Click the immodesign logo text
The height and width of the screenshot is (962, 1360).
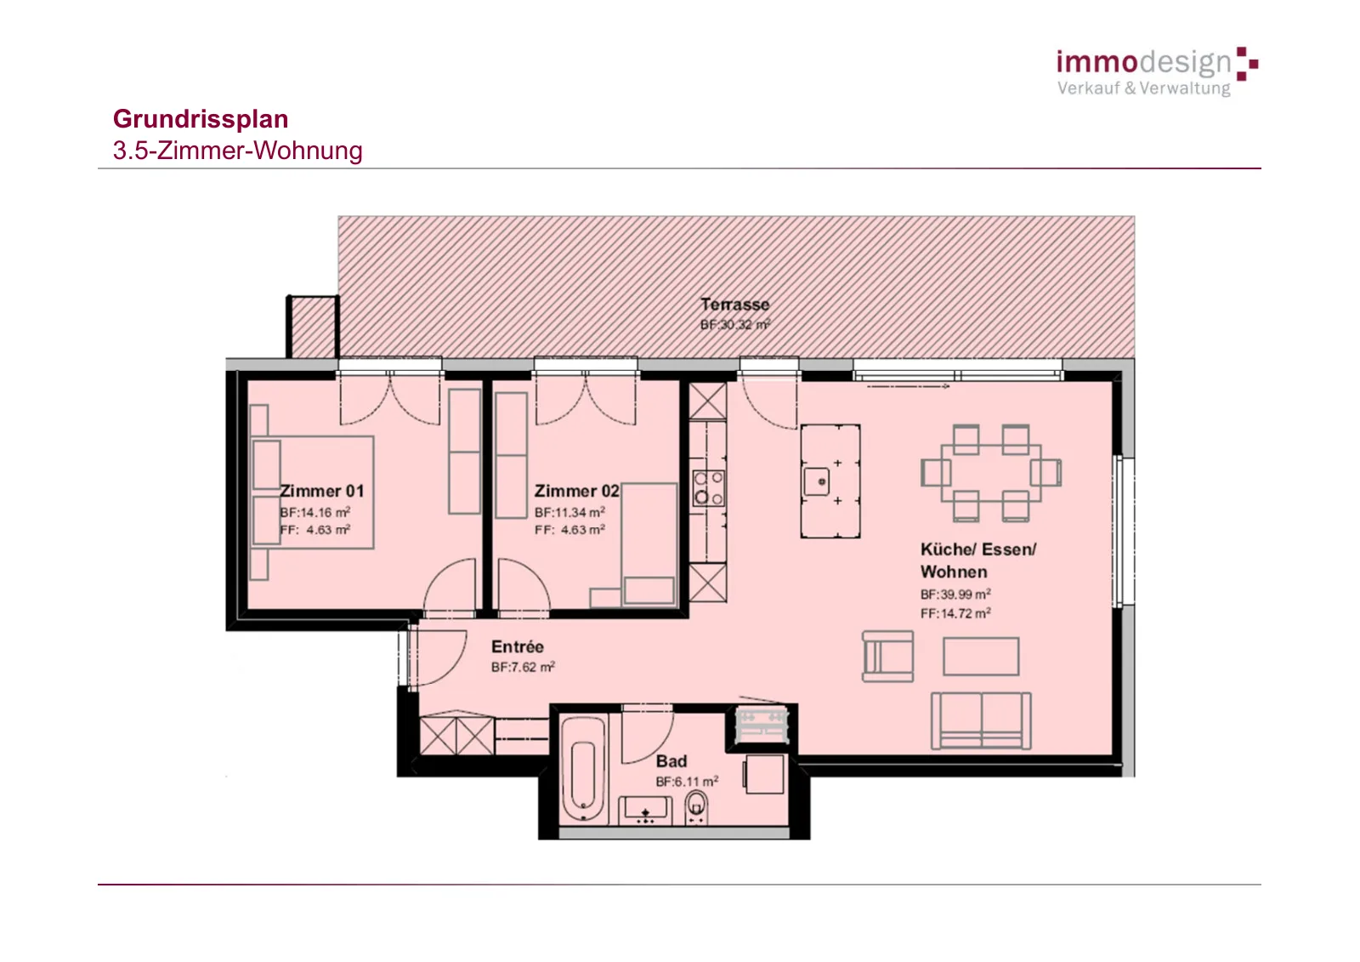coord(1144,63)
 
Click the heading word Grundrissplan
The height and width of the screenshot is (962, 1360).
coord(201,119)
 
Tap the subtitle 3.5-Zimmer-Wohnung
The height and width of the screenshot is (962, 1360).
coord(237,151)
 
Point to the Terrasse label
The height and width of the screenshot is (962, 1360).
coord(734,305)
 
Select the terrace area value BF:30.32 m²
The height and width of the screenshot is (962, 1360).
coord(735,325)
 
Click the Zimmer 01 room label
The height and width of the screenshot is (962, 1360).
coord(322,491)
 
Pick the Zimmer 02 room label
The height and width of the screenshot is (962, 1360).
coord(577,491)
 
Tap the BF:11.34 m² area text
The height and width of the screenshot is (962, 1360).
coord(569,512)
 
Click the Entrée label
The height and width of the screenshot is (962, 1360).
coord(518,646)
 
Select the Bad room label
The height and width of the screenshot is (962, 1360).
coord(671,761)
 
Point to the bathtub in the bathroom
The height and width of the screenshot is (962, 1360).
coord(583,770)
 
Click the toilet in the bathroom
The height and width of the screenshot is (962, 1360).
coord(696,807)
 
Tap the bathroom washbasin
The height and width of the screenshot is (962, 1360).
coord(645,811)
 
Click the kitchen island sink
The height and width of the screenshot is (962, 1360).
coord(817,482)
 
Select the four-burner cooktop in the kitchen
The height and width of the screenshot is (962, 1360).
coord(709,488)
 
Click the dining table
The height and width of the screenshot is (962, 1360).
coord(991,473)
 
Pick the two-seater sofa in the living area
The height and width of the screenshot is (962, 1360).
coord(981,720)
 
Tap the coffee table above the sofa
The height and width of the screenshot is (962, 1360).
coord(981,657)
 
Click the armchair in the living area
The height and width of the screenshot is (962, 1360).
coord(888,657)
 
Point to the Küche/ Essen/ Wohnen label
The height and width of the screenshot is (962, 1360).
coord(978,561)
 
